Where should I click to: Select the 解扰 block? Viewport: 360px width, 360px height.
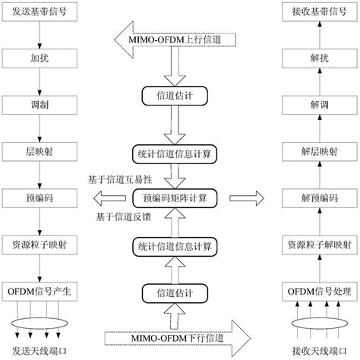click(319, 58)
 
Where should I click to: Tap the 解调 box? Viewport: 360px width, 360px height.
click(319, 105)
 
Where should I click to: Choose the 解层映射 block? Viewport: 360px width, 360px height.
click(319, 151)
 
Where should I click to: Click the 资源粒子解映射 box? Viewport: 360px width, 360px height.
click(319, 245)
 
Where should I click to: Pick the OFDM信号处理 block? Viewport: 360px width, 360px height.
click(319, 291)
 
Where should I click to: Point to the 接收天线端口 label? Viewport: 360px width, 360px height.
click(319, 350)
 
